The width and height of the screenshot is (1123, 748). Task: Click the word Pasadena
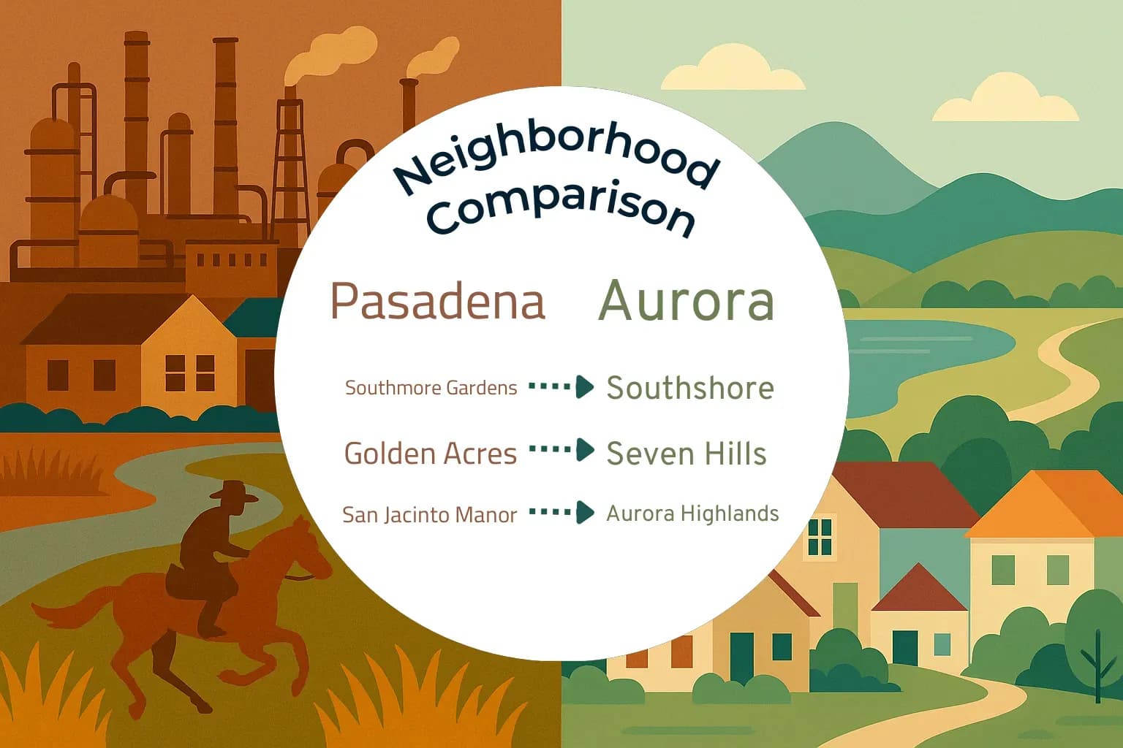(x=438, y=301)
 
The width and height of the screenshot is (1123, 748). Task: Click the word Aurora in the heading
(x=687, y=301)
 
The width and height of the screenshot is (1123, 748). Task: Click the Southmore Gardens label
(x=431, y=388)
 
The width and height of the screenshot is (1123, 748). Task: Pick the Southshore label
(x=689, y=388)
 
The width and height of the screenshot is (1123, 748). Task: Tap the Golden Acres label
(x=430, y=454)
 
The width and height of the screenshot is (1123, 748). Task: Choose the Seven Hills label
(x=686, y=454)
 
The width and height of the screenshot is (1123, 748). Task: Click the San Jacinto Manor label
(x=429, y=515)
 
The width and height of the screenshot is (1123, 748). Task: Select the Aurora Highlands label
(x=692, y=514)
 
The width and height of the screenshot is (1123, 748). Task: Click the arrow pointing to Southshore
(x=561, y=386)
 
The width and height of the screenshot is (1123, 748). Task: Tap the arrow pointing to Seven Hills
(x=561, y=450)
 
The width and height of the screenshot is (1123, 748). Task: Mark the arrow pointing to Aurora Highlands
(x=561, y=512)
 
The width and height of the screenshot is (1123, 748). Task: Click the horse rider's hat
(x=233, y=492)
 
